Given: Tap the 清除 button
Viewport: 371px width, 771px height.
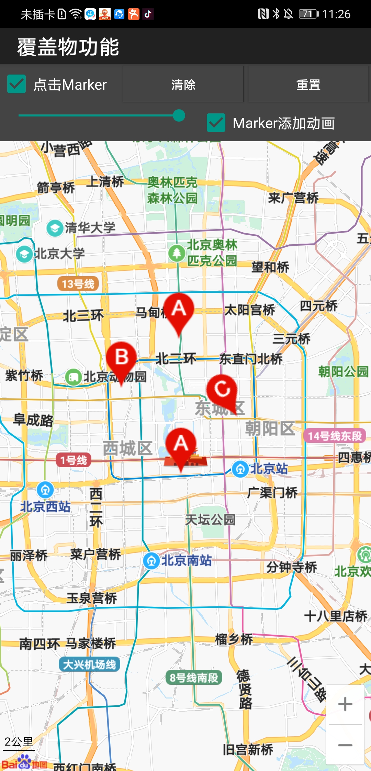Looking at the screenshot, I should tap(183, 84).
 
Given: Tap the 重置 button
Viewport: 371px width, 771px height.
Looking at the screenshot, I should tap(308, 84).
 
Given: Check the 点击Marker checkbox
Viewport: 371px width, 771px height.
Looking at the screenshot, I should tap(16, 84).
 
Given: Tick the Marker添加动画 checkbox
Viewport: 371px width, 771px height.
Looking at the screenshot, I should tap(216, 123).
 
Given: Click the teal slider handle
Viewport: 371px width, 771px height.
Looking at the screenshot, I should tap(179, 115).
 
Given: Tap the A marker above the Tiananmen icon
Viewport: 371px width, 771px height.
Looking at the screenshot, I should tap(181, 445).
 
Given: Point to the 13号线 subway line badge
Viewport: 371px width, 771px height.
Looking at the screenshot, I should tap(78, 284).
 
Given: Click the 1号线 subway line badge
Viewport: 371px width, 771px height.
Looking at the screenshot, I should tap(74, 460).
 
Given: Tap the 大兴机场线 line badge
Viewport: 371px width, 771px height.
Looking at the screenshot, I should tap(89, 664).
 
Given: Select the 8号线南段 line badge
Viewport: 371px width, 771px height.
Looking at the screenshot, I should tap(194, 678).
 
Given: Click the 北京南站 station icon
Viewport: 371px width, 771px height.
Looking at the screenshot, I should tap(151, 561).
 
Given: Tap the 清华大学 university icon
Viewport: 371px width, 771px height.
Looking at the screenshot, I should tap(55, 228).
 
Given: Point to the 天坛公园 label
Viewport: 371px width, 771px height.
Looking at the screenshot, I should tap(210, 520).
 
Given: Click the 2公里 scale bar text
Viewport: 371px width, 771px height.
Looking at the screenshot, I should tap(19, 742).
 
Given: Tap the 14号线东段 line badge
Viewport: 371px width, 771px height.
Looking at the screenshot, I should tap(335, 436).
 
